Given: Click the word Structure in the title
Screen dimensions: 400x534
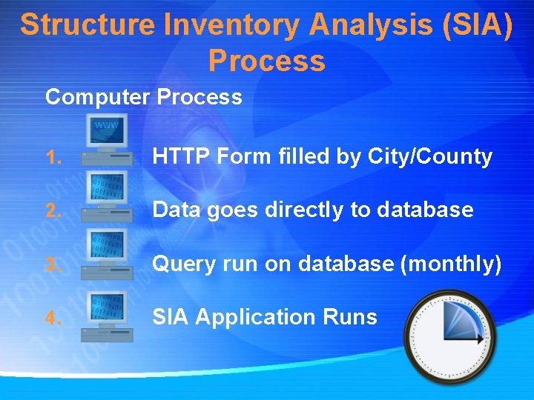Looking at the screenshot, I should coord(88,24).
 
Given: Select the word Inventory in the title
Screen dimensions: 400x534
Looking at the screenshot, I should coord(232,24).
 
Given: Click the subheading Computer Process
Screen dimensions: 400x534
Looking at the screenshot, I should coord(143,97).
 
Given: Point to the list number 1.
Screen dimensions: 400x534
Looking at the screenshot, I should coord(51,158).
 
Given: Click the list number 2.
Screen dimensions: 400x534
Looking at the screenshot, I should coord(51,211).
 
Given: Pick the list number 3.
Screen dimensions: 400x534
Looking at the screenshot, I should coord(51,264).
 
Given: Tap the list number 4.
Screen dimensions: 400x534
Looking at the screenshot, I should coord(51,318).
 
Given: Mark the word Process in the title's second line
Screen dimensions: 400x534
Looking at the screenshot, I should coord(266,61).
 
